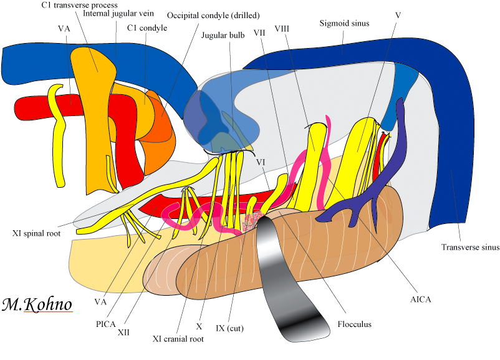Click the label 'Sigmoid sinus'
point(344,24)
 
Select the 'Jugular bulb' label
point(223,35)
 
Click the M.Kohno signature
point(37,304)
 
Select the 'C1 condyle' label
point(147,27)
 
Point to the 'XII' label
point(123,333)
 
